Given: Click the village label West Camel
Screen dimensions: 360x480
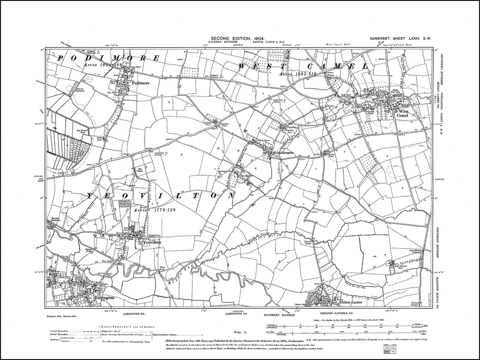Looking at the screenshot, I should (402, 113).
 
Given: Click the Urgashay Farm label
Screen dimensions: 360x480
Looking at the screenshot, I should (289, 130).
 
